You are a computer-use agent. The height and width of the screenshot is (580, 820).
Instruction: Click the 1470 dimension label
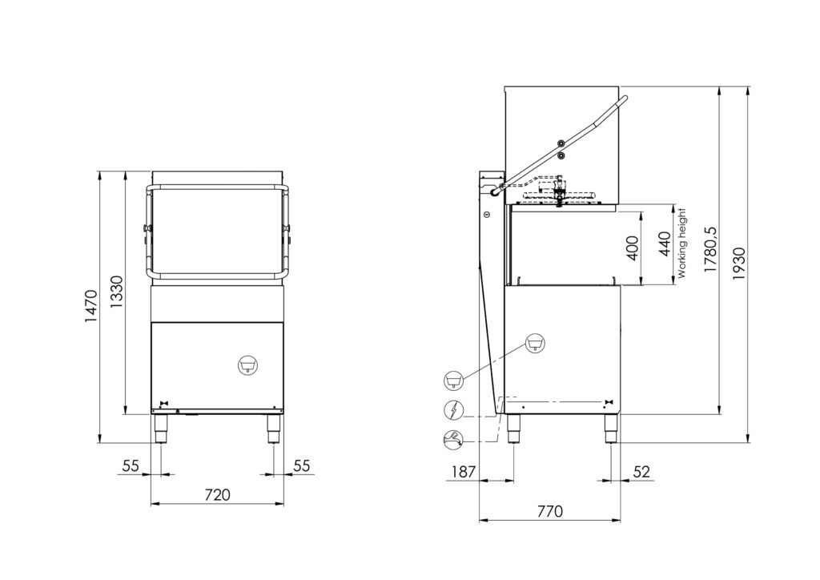(x=91, y=306)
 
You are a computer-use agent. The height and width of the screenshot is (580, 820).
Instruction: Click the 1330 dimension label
(x=117, y=292)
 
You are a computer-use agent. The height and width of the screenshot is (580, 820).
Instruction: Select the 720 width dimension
(x=217, y=494)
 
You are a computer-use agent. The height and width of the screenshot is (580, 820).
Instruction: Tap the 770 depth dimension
(x=550, y=511)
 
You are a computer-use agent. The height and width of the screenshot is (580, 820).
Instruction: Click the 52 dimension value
(x=641, y=472)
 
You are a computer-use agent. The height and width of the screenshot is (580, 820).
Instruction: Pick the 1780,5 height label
(x=711, y=250)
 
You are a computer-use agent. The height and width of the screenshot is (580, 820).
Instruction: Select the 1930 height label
(x=739, y=264)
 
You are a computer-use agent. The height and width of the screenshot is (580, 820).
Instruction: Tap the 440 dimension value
(x=664, y=244)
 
